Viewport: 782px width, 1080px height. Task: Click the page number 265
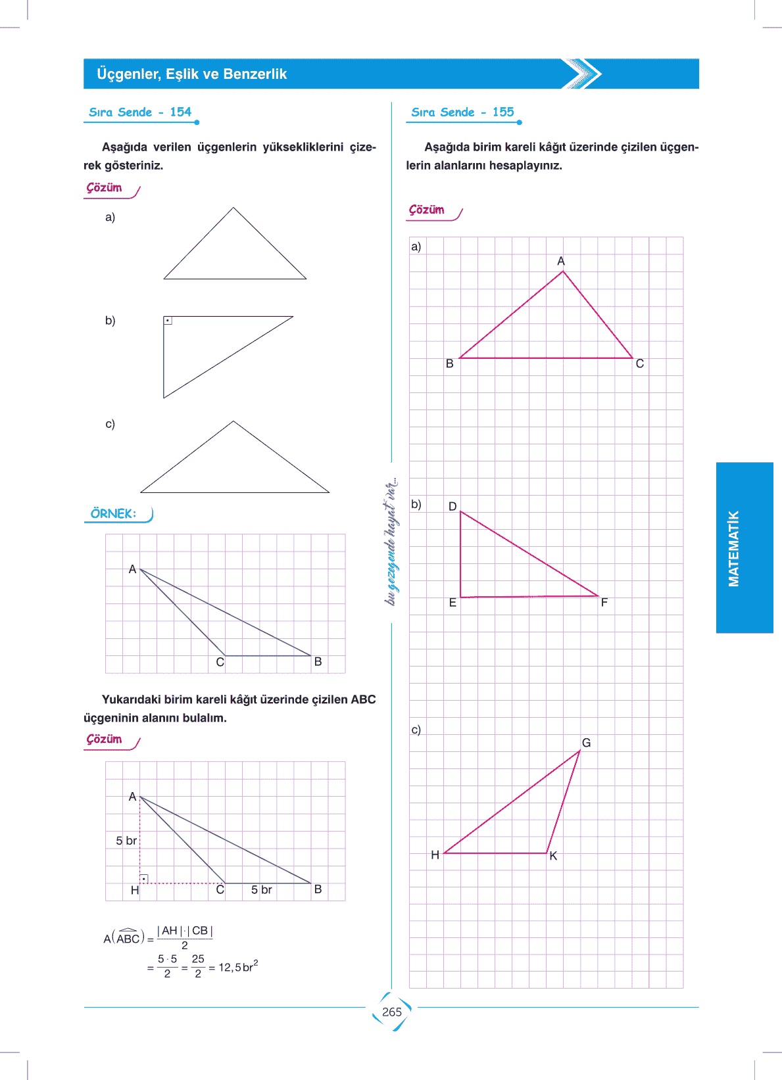(391, 1012)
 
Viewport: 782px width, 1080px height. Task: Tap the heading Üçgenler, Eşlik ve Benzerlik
(191, 74)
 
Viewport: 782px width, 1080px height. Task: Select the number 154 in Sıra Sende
(180, 112)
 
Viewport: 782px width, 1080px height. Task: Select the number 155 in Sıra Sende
(503, 112)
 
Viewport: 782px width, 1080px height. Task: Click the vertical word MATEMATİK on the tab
(734, 548)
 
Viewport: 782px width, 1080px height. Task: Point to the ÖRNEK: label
(114, 513)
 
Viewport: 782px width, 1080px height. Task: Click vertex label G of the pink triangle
(586, 743)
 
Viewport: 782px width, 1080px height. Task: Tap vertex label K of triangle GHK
(553, 856)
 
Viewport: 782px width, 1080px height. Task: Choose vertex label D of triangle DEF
(452, 506)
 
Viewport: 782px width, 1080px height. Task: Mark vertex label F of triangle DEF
(604, 602)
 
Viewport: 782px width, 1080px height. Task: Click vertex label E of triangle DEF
(452, 602)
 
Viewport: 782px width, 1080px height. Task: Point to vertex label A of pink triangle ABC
(561, 261)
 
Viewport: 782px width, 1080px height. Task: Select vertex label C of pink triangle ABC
(640, 364)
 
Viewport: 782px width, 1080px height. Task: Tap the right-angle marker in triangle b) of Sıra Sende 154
(168, 321)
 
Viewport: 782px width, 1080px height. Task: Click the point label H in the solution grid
(135, 890)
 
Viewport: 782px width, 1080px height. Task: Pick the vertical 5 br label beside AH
(126, 841)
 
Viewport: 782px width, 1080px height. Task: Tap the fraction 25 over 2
(198, 966)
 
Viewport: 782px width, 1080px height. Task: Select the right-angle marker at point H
(144, 879)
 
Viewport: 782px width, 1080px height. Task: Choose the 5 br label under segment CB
(261, 890)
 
